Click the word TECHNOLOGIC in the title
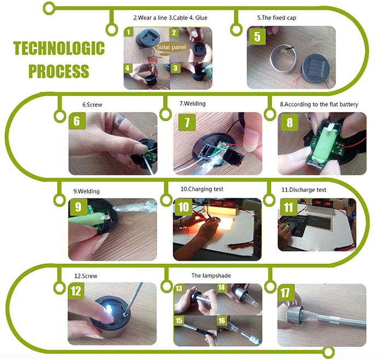59,48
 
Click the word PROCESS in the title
59,71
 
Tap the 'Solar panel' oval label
171,47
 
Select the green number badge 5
257,37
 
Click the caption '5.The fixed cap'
276,18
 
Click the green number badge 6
77,121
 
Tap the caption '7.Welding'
193,103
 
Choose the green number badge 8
289,122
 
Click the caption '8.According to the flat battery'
319,104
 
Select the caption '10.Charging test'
202,189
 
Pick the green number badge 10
183,207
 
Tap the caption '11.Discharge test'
304,190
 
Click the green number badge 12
76,291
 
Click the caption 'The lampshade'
211,276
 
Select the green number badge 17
285,293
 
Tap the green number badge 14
222,287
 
